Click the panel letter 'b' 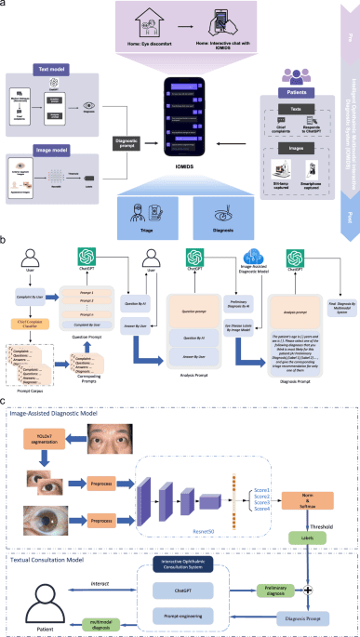(6, 239)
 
